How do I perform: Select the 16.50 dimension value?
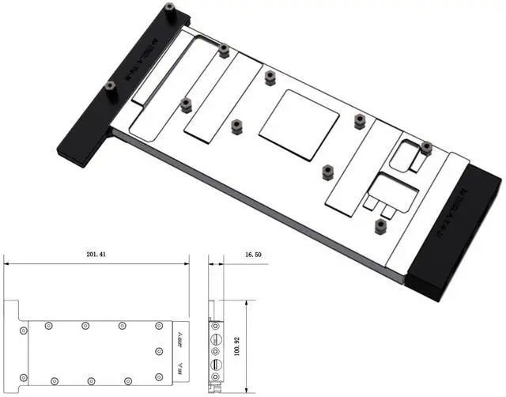click(253, 255)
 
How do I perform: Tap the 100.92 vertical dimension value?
click(255, 346)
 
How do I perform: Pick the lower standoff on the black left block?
click(110, 89)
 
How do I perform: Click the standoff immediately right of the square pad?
click(360, 120)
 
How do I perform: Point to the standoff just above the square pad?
click(270, 77)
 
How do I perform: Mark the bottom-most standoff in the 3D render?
click(380, 225)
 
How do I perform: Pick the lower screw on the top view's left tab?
click(24, 377)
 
